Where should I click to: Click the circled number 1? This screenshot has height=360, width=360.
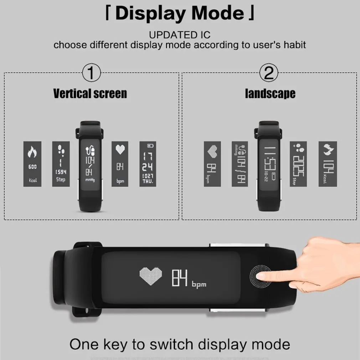pyautogui.click(x=91, y=74)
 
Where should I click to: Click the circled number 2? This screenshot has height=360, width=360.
pyautogui.click(x=269, y=74)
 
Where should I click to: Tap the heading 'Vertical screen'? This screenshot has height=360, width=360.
pyautogui.click(x=90, y=94)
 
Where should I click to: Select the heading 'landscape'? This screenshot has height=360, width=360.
pyautogui.click(x=270, y=94)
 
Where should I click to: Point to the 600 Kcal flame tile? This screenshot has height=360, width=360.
pyautogui.click(x=32, y=164)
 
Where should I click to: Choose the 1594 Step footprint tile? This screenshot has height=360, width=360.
pyautogui.click(x=61, y=164)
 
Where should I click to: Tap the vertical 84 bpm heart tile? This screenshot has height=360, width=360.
pyautogui.click(x=120, y=164)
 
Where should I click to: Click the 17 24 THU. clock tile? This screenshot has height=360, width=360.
pyautogui.click(x=148, y=164)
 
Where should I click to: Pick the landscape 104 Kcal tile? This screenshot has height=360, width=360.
pyautogui.click(x=328, y=164)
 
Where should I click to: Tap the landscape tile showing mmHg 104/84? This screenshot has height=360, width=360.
pyautogui.click(x=240, y=164)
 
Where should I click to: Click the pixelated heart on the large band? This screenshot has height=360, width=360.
pyautogui.click(x=150, y=277)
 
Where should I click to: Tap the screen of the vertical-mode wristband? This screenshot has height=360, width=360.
pyautogui.click(x=90, y=164)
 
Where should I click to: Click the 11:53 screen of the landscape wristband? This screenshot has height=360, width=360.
pyautogui.click(x=269, y=164)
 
